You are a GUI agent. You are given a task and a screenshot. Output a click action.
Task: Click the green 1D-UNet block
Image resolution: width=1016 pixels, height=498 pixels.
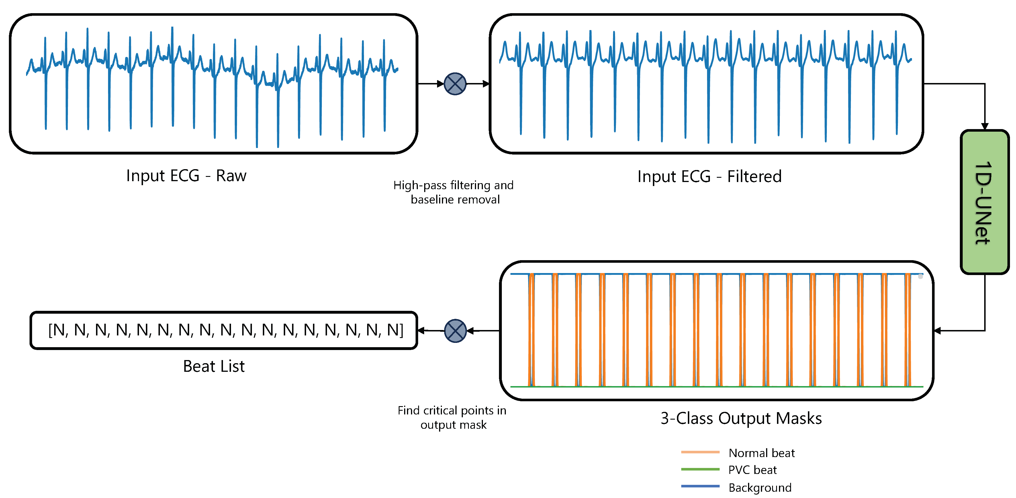pos(984,202)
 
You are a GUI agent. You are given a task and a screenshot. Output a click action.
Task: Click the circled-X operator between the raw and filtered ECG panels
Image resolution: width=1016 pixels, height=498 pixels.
pos(455,84)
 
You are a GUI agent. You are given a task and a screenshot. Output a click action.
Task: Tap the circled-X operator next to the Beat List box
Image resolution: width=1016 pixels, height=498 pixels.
pos(455,331)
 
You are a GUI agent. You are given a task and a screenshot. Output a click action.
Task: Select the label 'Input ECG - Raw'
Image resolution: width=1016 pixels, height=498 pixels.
pos(186,176)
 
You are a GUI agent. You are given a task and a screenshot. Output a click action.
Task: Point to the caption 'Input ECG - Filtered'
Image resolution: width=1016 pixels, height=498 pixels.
pos(709,177)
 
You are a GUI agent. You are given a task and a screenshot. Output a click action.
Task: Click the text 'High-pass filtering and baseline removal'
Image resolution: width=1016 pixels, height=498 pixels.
pos(454,192)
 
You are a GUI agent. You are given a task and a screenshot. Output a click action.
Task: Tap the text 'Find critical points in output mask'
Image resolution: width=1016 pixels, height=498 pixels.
pos(452,418)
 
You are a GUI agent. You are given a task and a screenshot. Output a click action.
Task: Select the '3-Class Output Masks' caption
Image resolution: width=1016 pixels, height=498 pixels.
pos(741,418)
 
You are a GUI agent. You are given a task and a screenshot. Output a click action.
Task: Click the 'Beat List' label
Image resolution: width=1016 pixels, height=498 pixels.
pos(214,366)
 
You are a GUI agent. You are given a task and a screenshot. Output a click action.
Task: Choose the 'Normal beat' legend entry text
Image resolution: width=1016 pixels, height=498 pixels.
pos(761,453)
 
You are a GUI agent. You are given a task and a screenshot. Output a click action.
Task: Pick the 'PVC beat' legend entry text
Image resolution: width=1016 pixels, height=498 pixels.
pos(752,470)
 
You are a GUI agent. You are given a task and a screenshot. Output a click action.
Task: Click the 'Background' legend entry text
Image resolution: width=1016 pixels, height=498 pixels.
pos(759,488)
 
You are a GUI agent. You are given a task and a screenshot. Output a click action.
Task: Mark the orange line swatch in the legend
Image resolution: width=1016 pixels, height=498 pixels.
pos(700,452)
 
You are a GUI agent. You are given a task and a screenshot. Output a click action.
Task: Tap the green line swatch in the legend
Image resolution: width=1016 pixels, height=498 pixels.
pos(700,469)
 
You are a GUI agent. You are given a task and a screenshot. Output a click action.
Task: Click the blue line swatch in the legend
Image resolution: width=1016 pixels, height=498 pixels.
pos(700,487)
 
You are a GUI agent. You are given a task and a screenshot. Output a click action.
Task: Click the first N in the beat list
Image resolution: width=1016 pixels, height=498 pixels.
pos(58,330)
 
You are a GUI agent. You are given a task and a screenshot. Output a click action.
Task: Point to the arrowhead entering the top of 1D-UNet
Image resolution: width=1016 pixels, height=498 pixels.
pos(984,127)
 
